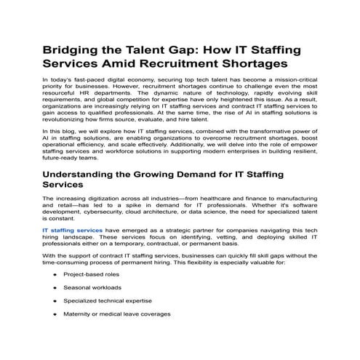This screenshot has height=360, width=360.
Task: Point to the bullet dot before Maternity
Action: (x=55, y=314)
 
